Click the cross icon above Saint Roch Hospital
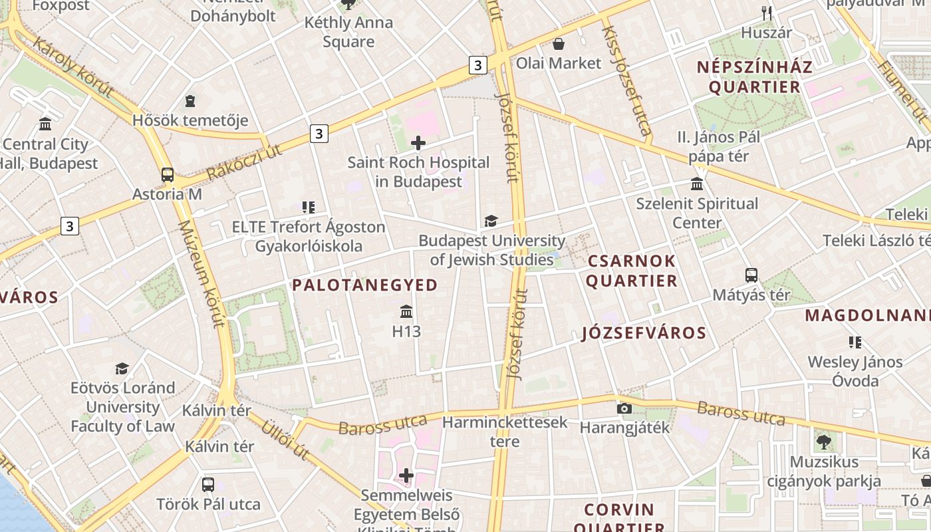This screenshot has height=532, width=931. click(x=418, y=142)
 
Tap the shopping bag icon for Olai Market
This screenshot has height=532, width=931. click(x=559, y=44)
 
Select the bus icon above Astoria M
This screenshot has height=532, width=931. click(x=168, y=175)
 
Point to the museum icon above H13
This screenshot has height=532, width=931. click(x=406, y=311)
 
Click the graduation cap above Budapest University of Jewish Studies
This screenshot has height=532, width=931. click(x=491, y=221)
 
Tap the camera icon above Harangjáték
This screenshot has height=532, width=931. click(x=624, y=408)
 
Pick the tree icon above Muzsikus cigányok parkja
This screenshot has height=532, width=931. click(x=824, y=442)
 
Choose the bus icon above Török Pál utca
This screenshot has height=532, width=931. click(x=208, y=485)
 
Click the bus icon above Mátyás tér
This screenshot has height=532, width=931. click(x=751, y=275)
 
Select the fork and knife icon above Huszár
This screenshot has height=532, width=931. click(x=767, y=13)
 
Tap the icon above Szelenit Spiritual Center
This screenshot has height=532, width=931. click(x=697, y=184)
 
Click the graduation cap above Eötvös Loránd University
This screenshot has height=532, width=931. click(x=122, y=368)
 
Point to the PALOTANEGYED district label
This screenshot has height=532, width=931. click(x=365, y=285)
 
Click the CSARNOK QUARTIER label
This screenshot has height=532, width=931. click(x=631, y=271)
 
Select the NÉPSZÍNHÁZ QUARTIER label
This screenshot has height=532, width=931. click(x=755, y=76)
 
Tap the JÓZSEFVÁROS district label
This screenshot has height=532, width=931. click(x=644, y=332)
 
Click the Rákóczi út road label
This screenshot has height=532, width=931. click(x=244, y=162)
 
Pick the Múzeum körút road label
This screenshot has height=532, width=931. click(x=199, y=274)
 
